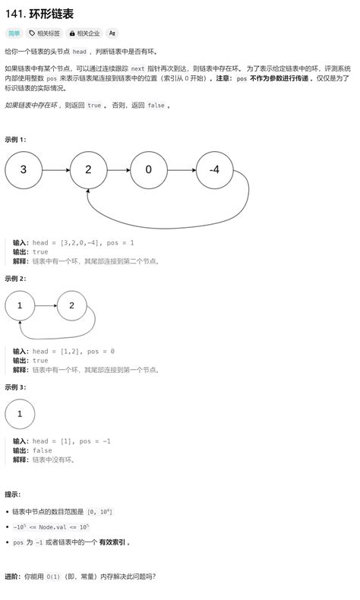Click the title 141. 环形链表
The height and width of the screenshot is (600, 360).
pyautogui.click(x=39, y=14)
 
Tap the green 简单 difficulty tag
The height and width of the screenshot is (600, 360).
pyautogui.click(x=14, y=33)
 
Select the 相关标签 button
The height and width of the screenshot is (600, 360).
pyautogui.click(x=45, y=33)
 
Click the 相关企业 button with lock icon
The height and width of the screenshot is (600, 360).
pyautogui.click(x=84, y=33)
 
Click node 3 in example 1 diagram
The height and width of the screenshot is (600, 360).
pyautogui.click(x=24, y=170)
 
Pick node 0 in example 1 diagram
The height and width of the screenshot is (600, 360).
pyautogui.click(x=149, y=170)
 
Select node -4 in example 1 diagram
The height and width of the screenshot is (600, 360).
pyautogui.click(x=215, y=170)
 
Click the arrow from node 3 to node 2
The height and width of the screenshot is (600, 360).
pyautogui.click(x=56, y=170)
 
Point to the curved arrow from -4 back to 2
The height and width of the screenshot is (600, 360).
pyautogui.click(x=169, y=229)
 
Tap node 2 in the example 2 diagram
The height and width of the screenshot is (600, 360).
pyautogui.click(x=72, y=305)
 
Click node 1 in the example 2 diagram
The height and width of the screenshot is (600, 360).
pyautogui.click(x=20, y=305)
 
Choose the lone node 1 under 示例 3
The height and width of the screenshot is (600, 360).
pyautogui.click(x=20, y=414)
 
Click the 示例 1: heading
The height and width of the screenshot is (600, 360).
pyautogui.click(x=15, y=140)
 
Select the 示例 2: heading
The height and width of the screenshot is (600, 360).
pyautogui.click(x=15, y=279)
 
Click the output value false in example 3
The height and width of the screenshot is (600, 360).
pyautogui.click(x=42, y=450)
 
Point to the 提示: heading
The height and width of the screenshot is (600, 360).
pyautogui.click(x=13, y=494)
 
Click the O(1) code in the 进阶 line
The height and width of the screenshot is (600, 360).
pyautogui.click(x=54, y=576)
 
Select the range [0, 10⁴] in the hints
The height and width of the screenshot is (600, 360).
pyautogui.click(x=99, y=512)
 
